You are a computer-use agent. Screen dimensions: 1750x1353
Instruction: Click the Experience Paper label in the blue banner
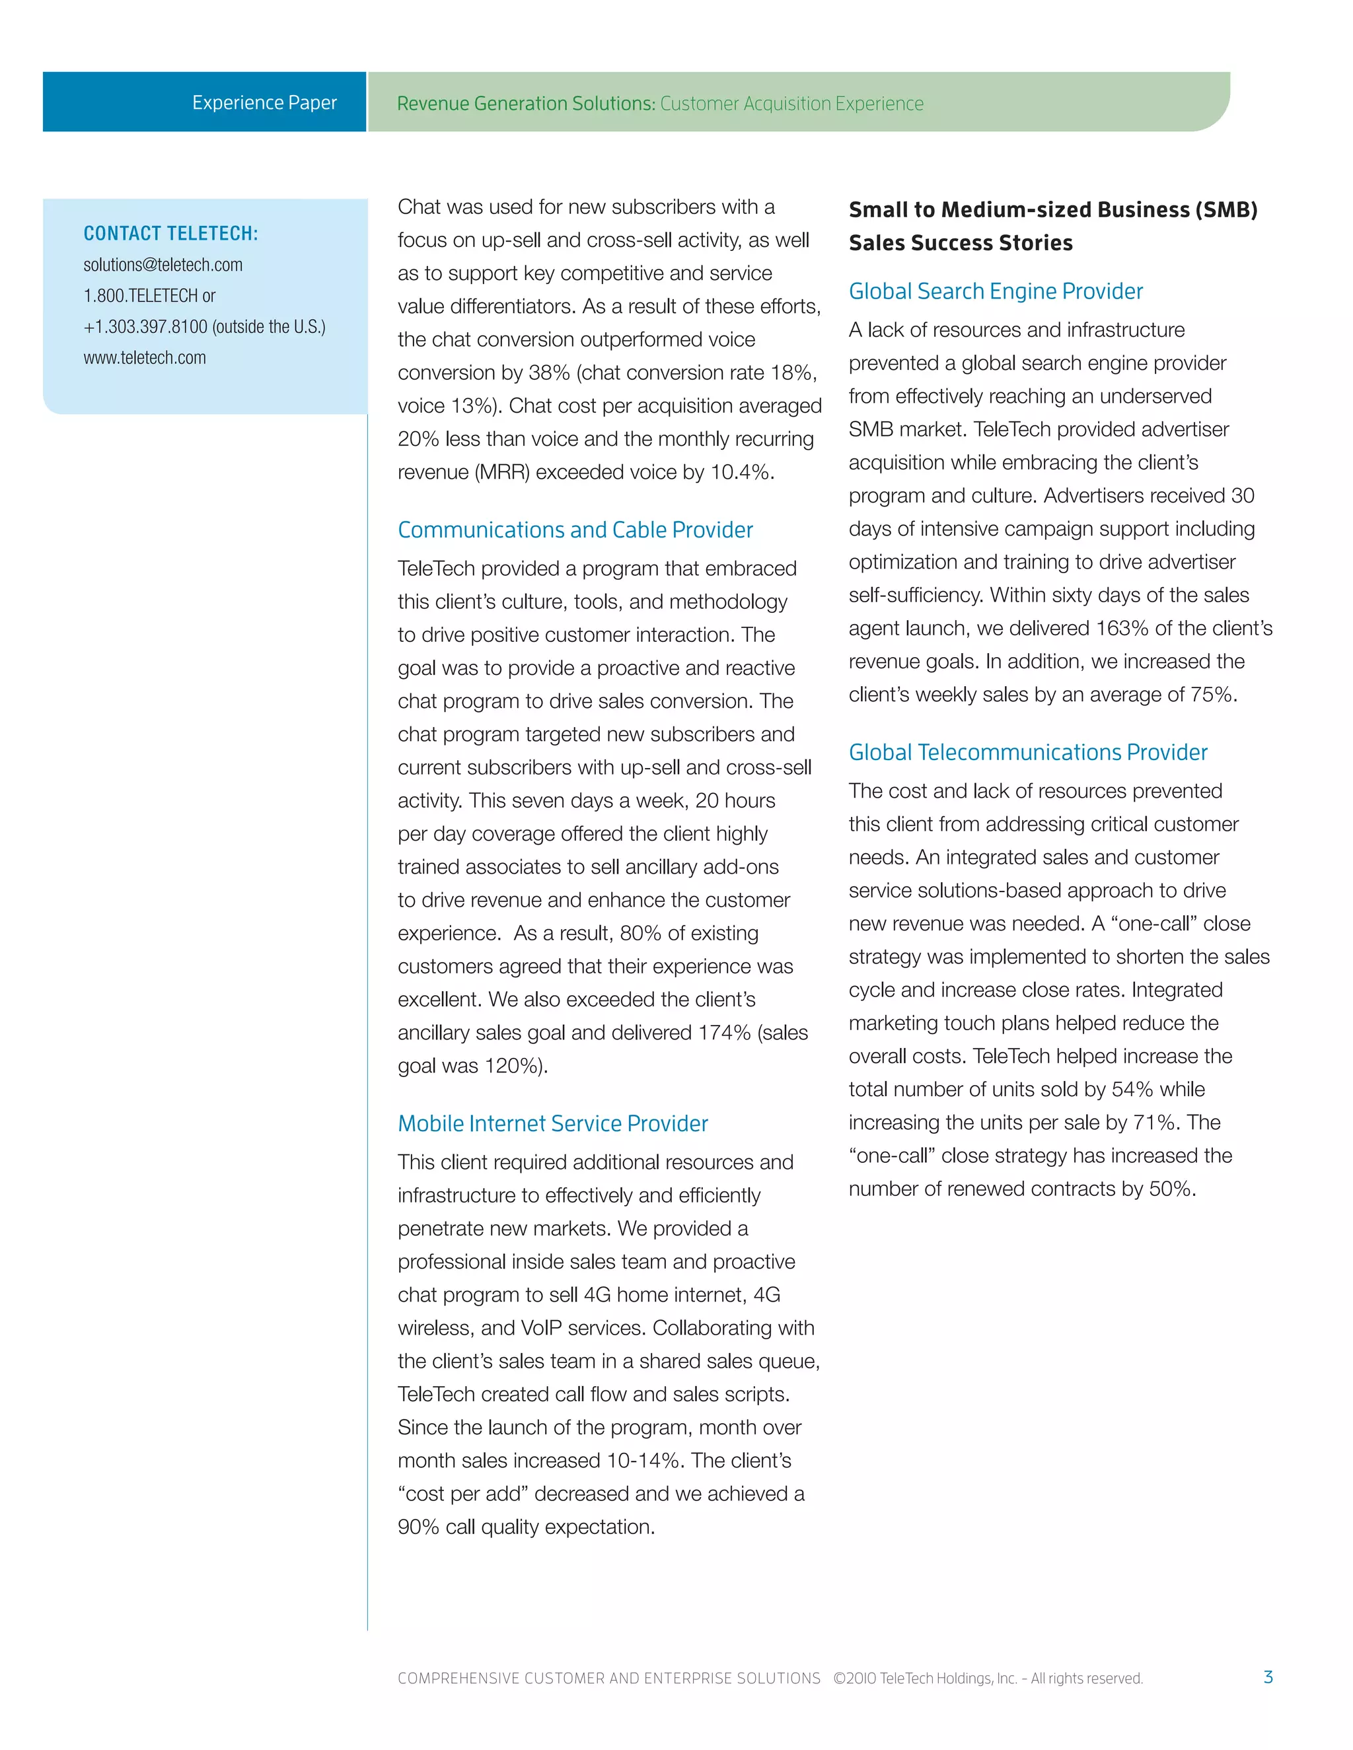pos(264,102)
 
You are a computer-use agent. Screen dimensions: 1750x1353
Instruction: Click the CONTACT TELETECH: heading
pos(170,233)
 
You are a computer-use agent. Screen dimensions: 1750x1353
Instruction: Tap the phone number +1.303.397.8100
pos(145,327)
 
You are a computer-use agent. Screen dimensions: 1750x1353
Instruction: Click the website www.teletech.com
pos(144,358)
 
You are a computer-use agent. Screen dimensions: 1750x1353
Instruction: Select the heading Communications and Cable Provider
pos(575,530)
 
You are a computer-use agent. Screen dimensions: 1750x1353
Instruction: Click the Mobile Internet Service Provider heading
pos(552,1123)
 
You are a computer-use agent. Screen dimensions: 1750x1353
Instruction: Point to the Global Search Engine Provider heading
pos(996,291)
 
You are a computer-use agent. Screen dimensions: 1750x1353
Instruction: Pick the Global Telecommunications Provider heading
pos(1027,752)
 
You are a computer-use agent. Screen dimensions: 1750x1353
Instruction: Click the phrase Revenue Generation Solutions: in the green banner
pos(526,104)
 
